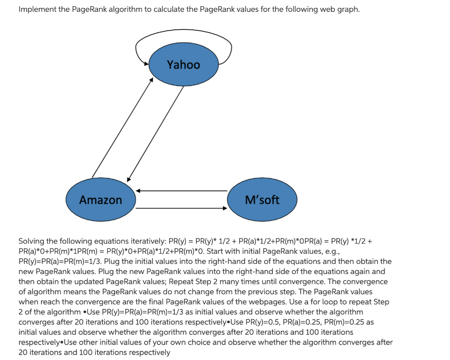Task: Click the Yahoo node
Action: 183,65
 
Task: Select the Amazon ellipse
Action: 101,200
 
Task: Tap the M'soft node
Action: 262,200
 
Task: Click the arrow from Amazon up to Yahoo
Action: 122,127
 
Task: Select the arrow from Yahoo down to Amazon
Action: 155,132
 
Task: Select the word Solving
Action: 32,241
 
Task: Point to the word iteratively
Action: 145,241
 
